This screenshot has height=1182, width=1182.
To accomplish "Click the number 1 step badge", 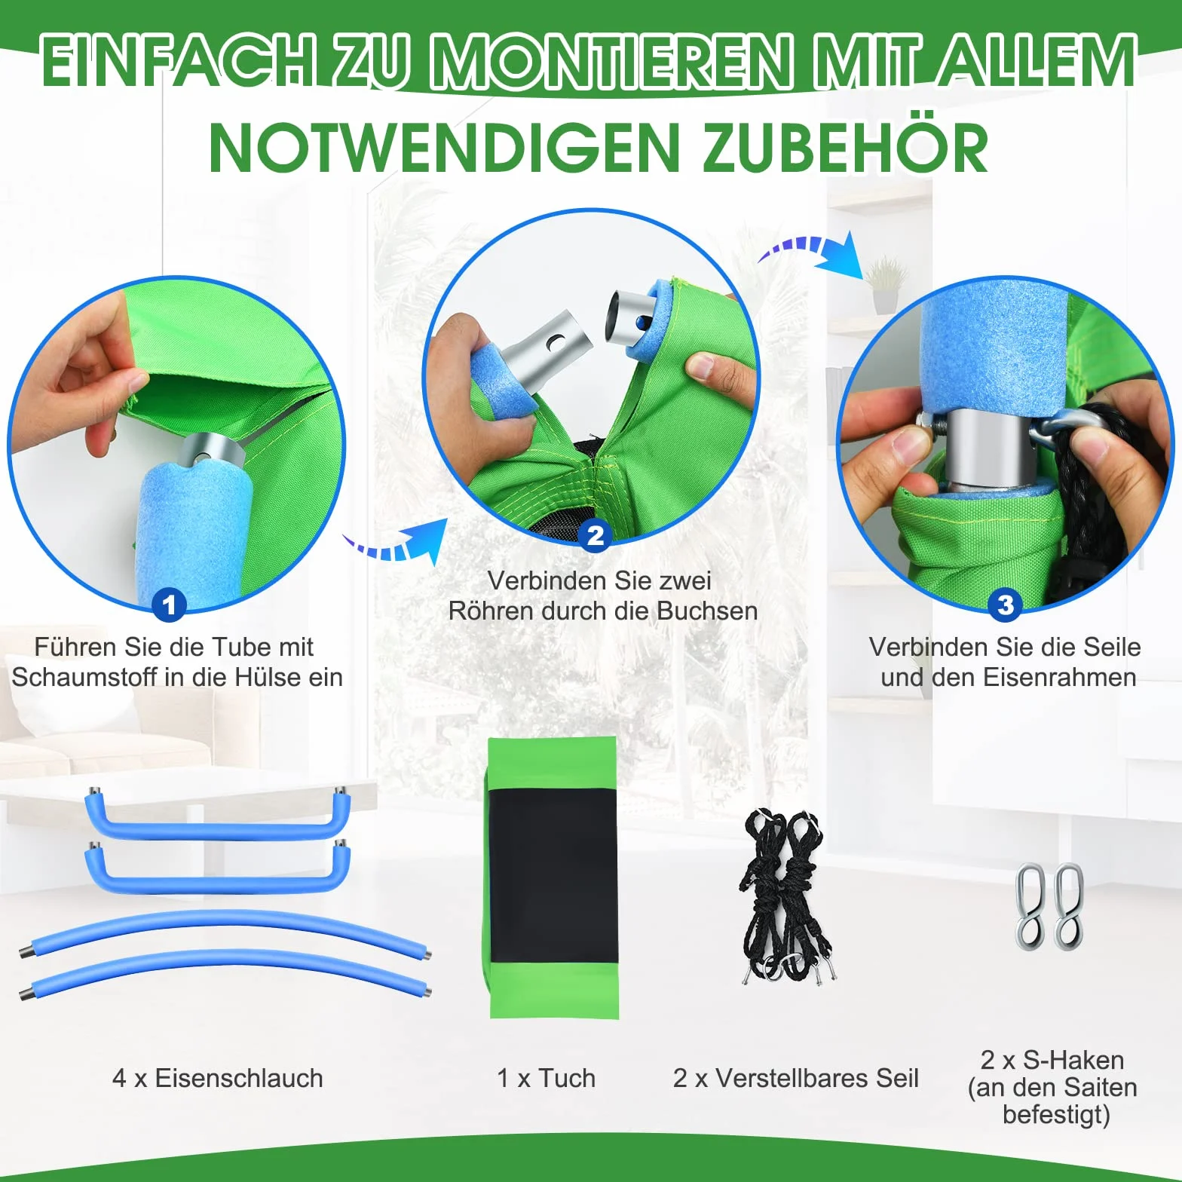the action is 169,605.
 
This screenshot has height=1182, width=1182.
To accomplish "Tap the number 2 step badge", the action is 596,535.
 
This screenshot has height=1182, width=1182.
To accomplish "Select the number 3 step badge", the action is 1005,605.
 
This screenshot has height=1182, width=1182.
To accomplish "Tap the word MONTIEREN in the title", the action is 611,60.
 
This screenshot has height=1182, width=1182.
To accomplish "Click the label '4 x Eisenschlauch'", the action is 218,1078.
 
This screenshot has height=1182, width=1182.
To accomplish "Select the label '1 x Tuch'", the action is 547,1078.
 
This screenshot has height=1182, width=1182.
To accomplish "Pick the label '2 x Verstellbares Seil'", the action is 796,1078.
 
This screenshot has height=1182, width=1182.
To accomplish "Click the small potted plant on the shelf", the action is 885,285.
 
